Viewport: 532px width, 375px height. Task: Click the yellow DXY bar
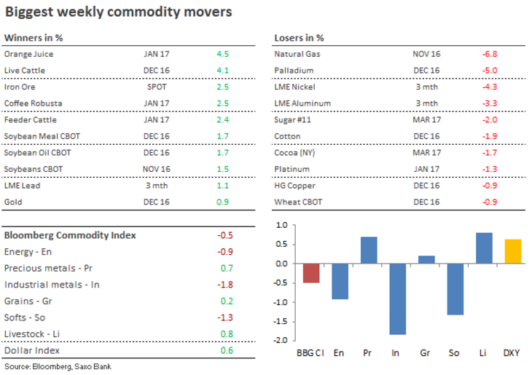pos(513,251)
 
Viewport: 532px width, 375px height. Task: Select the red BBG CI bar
pos(311,273)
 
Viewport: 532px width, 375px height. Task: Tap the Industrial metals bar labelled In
pos(397,299)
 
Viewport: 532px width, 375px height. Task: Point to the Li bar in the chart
pos(484,248)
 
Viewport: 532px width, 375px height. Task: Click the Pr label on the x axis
pos(368,353)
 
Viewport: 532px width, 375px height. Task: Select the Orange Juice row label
pos(28,54)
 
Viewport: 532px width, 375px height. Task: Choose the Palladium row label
pos(294,71)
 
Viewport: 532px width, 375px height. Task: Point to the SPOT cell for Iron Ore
pos(157,87)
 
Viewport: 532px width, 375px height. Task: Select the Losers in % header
pos(299,38)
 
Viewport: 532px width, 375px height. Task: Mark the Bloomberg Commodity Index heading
pos(70,235)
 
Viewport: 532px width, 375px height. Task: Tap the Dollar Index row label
pos(33,350)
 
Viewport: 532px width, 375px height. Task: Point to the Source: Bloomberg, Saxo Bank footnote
pos(58,366)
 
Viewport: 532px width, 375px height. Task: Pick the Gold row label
pos(14,201)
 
